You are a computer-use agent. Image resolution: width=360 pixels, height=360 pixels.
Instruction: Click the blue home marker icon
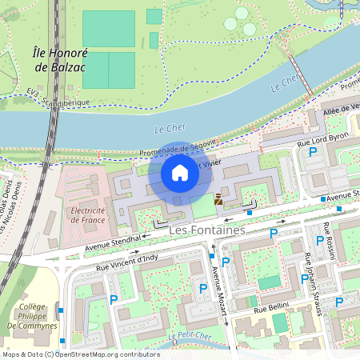(180, 173)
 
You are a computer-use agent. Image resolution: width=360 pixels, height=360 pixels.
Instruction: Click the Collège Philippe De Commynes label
(38, 316)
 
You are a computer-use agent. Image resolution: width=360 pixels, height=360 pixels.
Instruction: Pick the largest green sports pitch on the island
(108, 29)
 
